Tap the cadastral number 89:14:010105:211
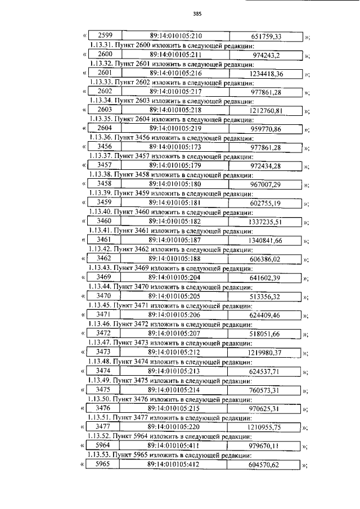[176, 55]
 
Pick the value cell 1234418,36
[267, 74]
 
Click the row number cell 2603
[105, 110]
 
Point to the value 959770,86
[267, 129]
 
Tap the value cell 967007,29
[267, 184]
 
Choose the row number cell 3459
[104, 202]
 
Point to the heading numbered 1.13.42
[170, 248]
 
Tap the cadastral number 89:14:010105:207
[174, 334]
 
